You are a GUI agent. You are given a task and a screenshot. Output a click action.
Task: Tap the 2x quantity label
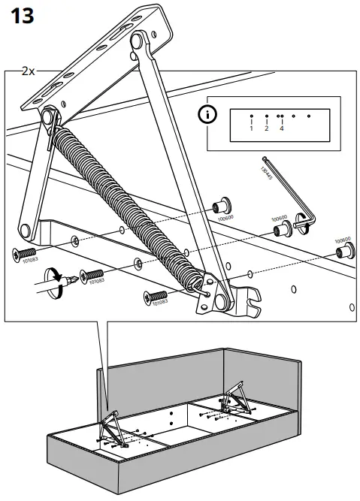point(29,72)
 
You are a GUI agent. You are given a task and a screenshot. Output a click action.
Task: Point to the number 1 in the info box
point(251,128)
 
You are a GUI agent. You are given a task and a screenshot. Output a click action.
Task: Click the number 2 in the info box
point(266,128)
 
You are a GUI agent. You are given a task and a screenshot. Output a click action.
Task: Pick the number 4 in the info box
point(281,128)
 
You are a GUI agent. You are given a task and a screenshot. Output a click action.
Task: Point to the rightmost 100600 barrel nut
point(343,246)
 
